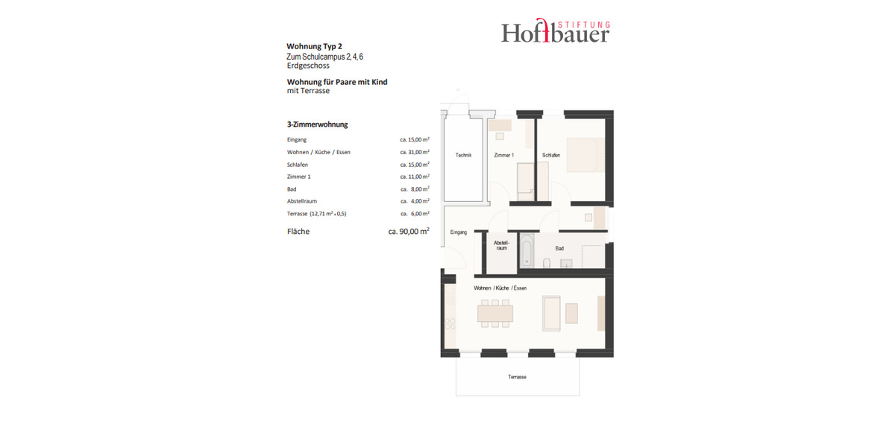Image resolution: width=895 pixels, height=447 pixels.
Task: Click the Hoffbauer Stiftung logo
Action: click(x=555, y=31)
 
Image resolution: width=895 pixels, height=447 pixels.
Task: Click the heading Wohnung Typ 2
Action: click(x=314, y=46)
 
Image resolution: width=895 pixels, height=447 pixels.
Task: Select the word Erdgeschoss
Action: click(x=308, y=66)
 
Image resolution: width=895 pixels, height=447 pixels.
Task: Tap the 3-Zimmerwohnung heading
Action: click(x=317, y=124)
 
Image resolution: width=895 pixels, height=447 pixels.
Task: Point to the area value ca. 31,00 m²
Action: click(x=414, y=152)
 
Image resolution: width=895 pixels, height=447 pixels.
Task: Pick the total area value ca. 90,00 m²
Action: click(x=408, y=232)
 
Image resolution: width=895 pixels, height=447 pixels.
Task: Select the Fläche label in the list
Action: click(x=298, y=232)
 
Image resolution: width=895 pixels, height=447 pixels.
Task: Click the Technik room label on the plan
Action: click(x=463, y=155)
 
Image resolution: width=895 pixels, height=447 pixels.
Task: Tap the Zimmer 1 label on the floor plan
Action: click(x=503, y=155)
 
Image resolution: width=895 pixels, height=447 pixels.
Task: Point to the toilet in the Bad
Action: click(x=547, y=262)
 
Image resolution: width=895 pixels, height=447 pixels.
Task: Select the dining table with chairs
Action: click(x=495, y=313)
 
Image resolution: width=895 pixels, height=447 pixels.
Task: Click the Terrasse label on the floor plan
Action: click(x=517, y=377)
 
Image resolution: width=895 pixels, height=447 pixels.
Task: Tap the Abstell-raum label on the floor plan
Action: click(x=501, y=245)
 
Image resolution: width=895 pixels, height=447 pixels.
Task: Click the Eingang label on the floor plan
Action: click(x=458, y=232)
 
